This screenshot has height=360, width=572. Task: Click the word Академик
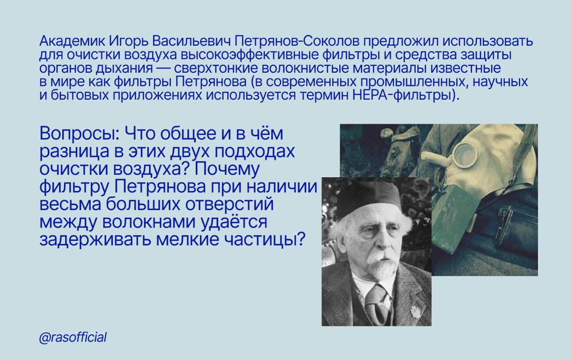pyautogui.click(x=72, y=41)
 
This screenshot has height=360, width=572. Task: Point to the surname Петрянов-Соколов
pyautogui.click(x=297, y=42)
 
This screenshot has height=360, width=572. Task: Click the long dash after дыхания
pyautogui.click(x=164, y=69)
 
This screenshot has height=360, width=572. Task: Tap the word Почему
pyautogui.click(x=227, y=169)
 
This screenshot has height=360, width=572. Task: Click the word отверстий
pyautogui.click(x=229, y=204)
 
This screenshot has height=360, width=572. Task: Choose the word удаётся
pyautogui.click(x=234, y=221)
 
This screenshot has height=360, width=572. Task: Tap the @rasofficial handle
pyautogui.click(x=73, y=338)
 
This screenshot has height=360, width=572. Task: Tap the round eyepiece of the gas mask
pyautogui.click(x=466, y=155)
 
